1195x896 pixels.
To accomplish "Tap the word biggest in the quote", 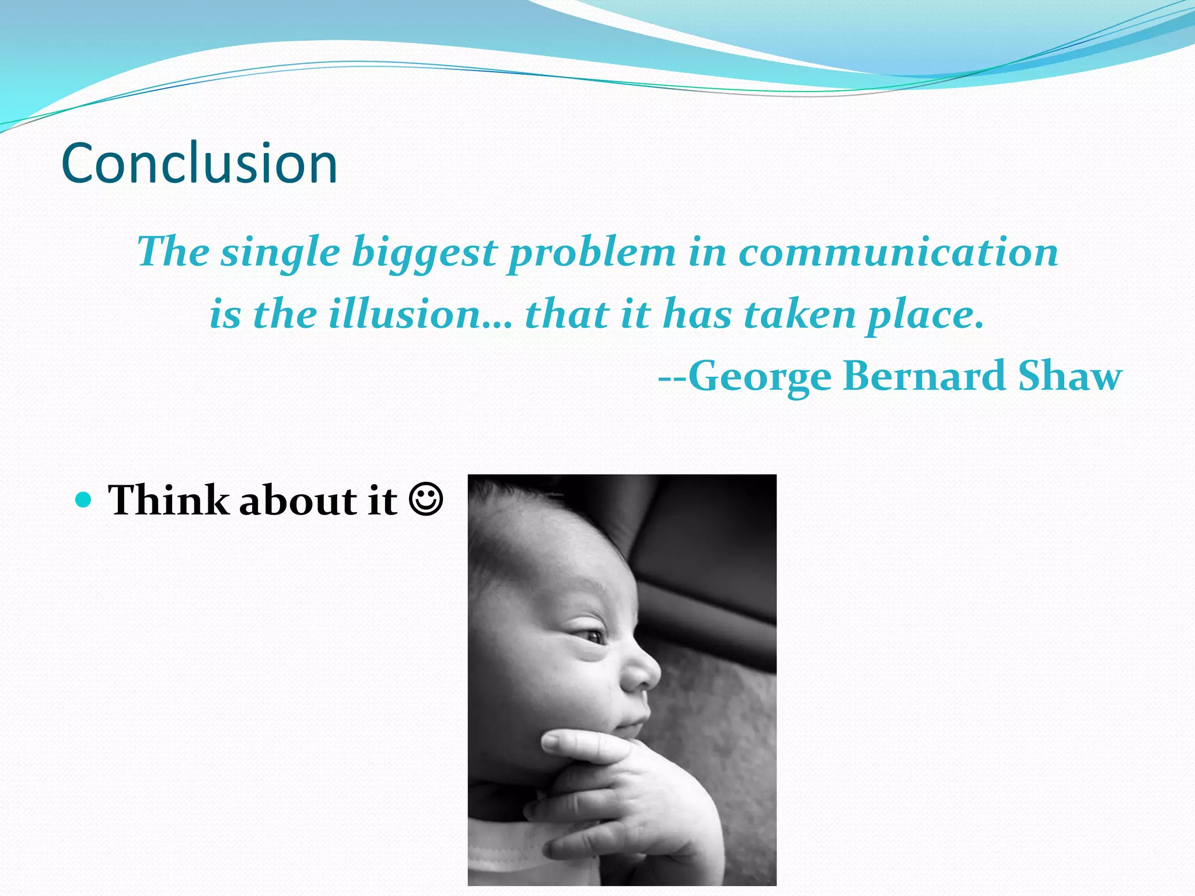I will click(424, 253).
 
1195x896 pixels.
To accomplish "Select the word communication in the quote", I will click(899, 253).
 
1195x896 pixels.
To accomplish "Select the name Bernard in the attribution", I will click(924, 376).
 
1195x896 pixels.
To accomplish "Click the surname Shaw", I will click(1070, 376).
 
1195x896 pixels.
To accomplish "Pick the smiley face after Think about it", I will click(426, 500).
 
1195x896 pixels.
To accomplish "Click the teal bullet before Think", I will click(85, 500).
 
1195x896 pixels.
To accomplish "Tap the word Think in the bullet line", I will click(169, 500).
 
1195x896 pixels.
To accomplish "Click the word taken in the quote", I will click(799, 314).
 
